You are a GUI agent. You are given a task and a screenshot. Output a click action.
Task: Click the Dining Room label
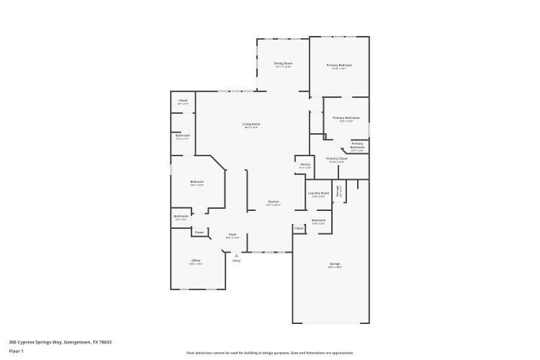(x=283, y=63)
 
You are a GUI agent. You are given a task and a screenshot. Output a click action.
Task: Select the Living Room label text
(x=251, y=124)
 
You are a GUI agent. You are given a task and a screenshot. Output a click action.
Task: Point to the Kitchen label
(x=274, y=202)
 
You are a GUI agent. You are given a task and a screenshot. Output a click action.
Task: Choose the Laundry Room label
(x=318, y=193)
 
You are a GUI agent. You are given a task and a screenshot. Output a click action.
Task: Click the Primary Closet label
(x=336, y=158)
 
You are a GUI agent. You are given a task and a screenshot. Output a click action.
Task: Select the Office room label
(x=196, y=260)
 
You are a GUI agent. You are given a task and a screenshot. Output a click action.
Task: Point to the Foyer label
(x=233, y=235)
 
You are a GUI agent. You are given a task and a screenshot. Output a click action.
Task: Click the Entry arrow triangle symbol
(x=236, y=254)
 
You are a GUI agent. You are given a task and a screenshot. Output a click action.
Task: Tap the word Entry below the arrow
(x=236, y=261)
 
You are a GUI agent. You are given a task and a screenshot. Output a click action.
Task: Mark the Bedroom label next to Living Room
(x=197, y=182)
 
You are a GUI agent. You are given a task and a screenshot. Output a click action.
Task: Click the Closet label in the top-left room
(x=183, y=101)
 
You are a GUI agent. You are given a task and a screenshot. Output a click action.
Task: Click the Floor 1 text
(x=17, y=351)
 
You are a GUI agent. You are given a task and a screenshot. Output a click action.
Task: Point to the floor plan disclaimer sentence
(x=270, y=353)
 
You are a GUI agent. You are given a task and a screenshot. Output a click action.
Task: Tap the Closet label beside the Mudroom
(x=299, y=228)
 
